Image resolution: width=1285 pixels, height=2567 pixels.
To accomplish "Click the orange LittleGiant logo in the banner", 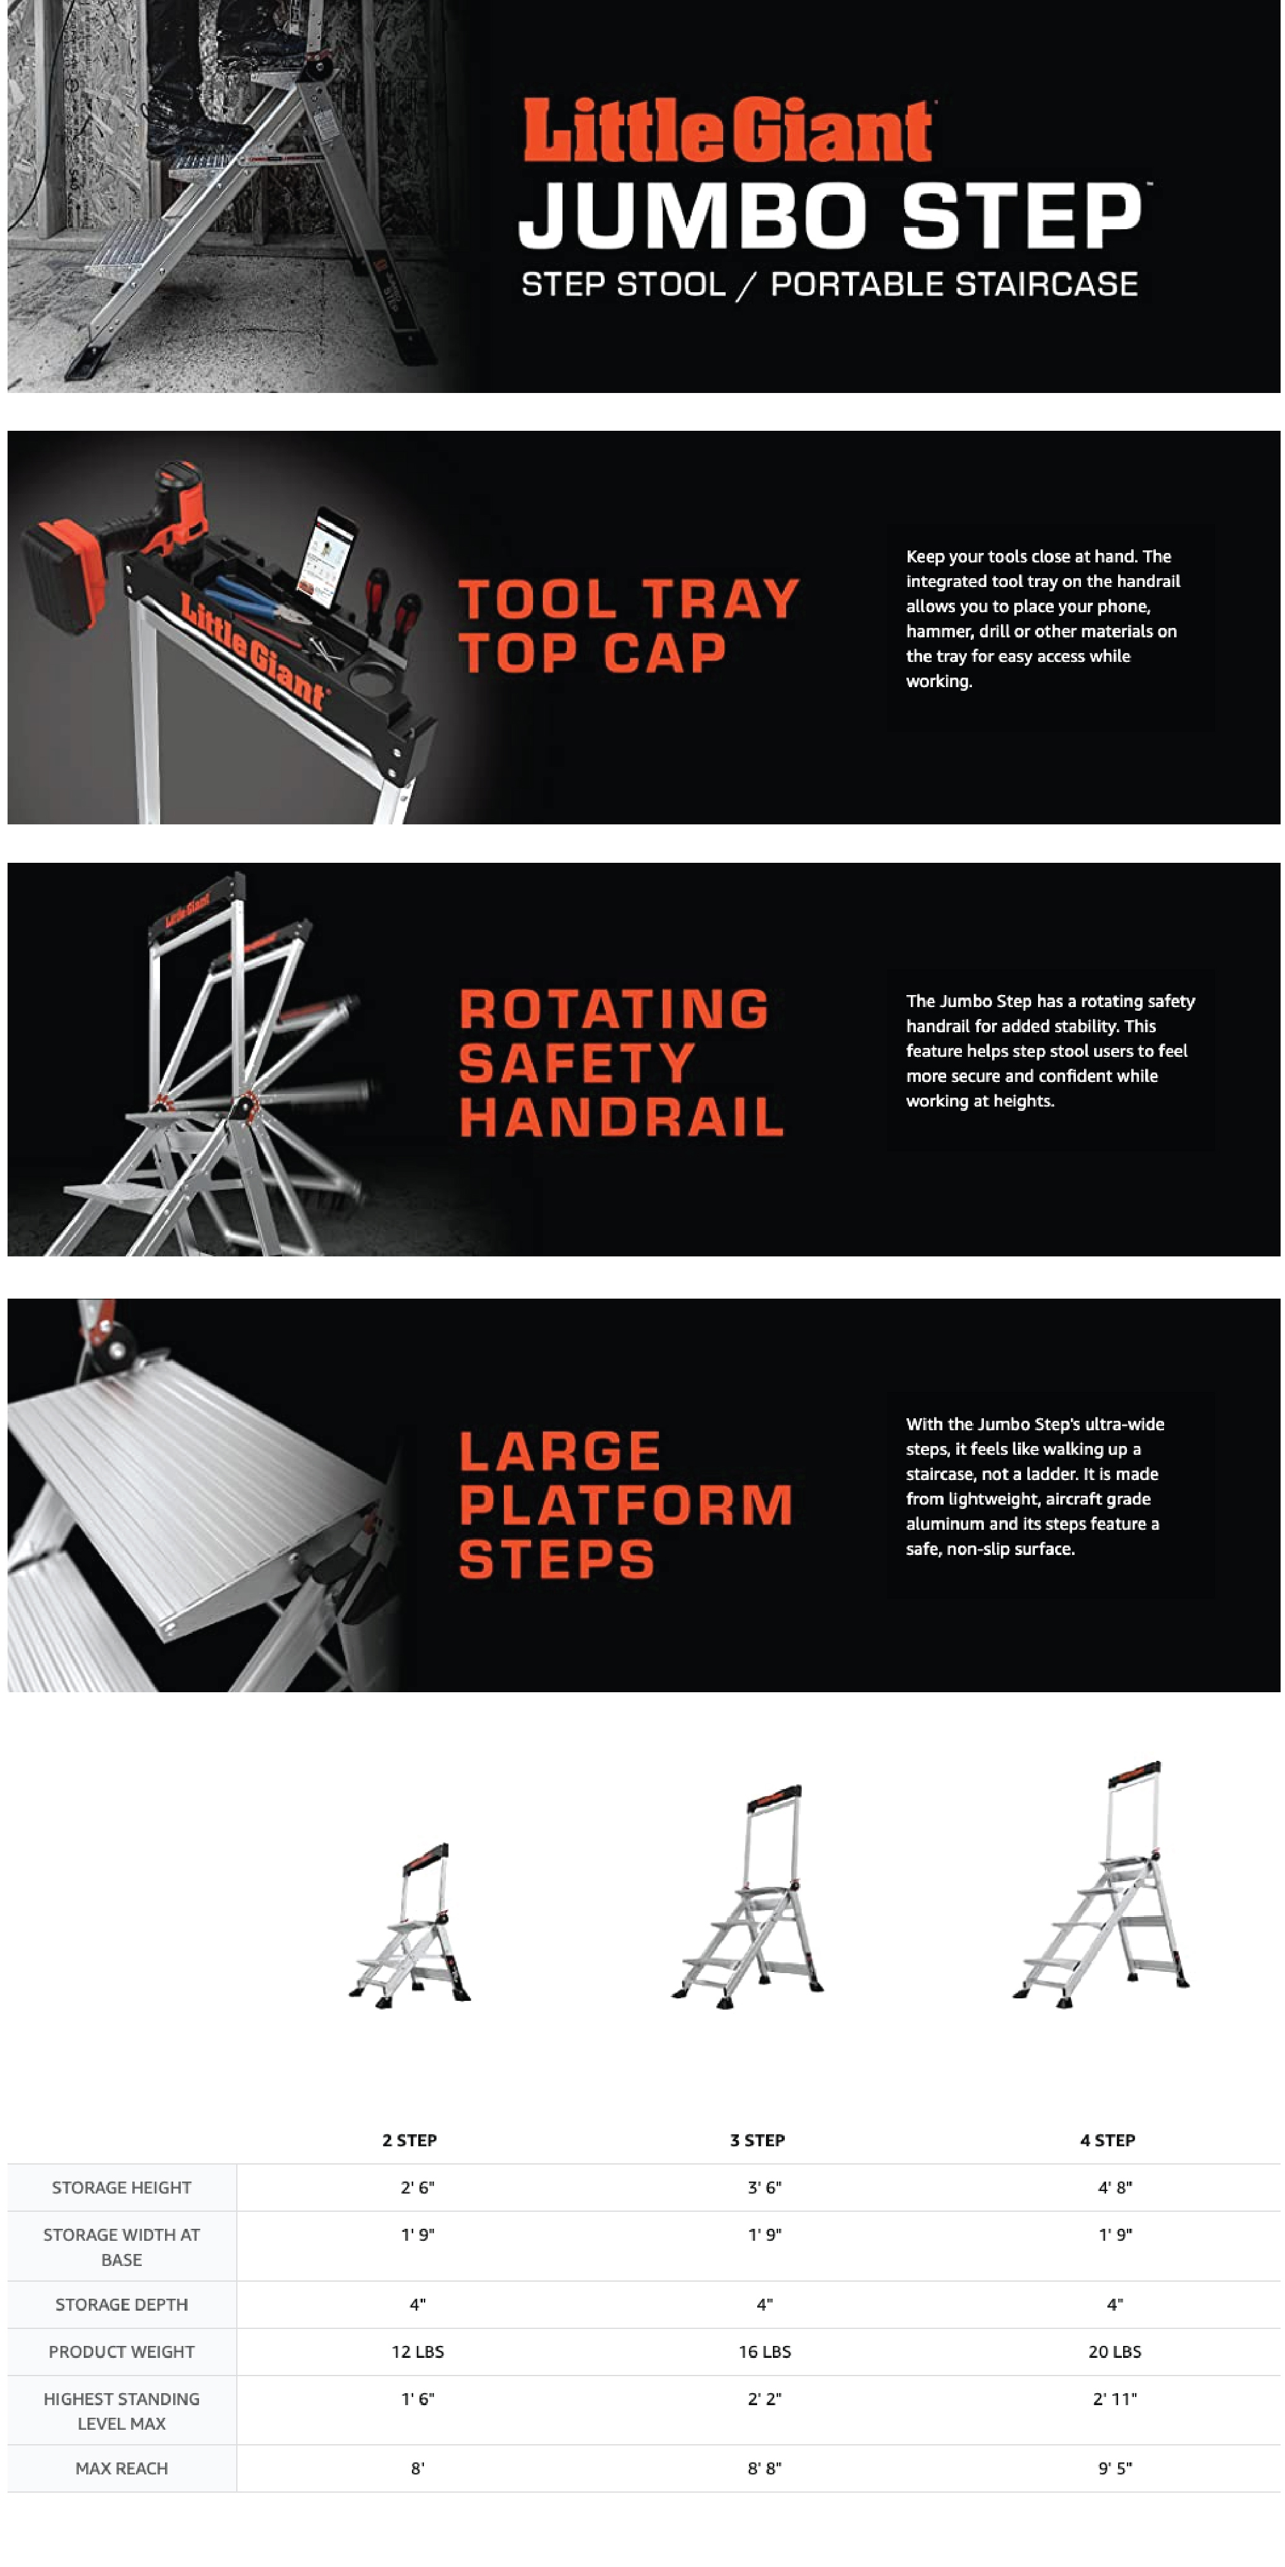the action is (x=728, y=130).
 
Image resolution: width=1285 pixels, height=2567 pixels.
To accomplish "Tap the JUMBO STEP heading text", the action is (x=830, y=215).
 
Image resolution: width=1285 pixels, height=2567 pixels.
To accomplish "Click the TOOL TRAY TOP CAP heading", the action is (x=628, y=626).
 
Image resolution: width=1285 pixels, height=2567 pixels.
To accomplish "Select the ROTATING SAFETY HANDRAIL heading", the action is (x=621, y=1062).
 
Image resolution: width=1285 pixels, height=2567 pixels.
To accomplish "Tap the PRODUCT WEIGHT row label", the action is (x=122, y=2351).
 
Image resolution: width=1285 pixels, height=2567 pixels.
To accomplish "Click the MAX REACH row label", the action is (x=122, y=2467).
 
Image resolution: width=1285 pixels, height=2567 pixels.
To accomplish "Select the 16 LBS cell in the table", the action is (x=765, y=2351).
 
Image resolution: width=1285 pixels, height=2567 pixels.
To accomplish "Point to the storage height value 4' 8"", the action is (x=1114, y=2187).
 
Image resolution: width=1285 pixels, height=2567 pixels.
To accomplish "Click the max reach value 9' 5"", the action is (x=1114, y=2467).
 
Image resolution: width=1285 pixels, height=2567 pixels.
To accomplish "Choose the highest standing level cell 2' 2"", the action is (x=765, y=2398).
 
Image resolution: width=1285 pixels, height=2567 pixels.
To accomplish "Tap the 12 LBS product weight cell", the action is (x=418, y=2351).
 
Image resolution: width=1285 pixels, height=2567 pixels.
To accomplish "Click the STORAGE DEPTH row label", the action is (x=122, y=2304).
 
